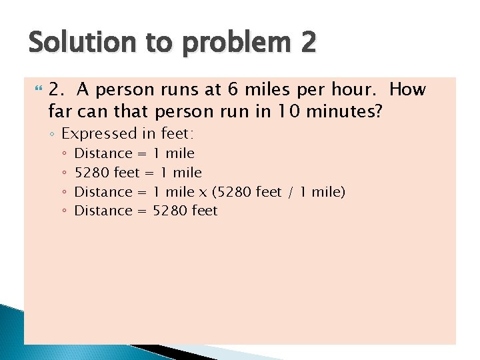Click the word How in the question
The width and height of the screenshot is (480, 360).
point(407,89)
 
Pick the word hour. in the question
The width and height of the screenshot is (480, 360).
point(355,89)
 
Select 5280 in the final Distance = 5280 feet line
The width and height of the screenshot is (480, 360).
point(170,211)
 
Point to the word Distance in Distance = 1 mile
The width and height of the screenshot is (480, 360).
point(103,153)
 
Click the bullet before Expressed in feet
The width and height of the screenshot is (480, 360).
point(52,134)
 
